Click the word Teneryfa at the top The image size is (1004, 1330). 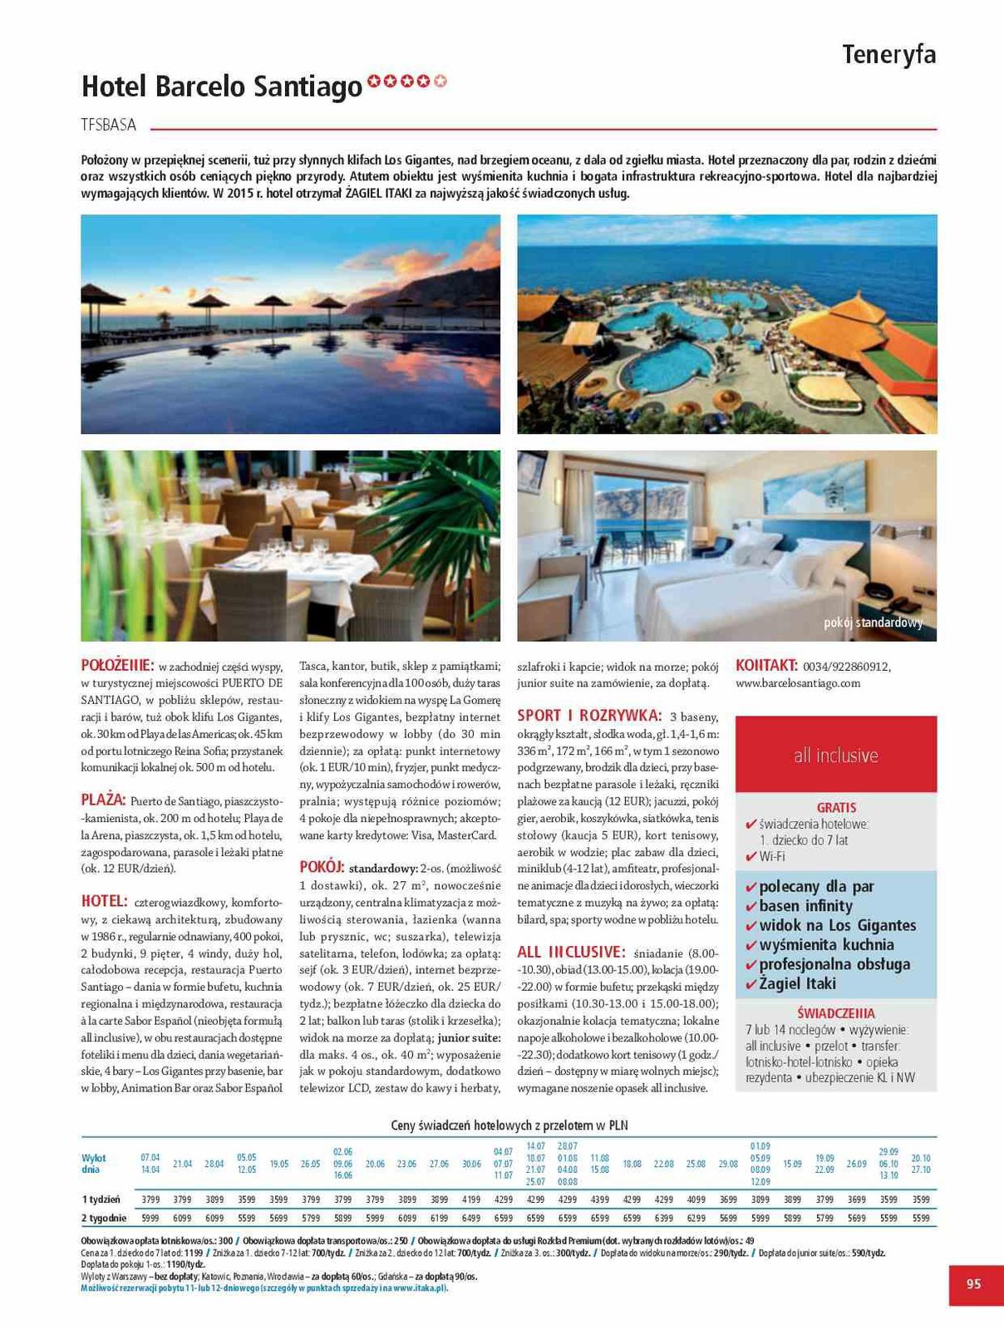pyautogui.click(x=888, y=55)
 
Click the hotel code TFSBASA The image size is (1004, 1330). pyautogui.click(x=109, y=126)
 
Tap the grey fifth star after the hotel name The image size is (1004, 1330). pyautogui.click(x=440, y=81)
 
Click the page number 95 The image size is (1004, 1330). pyautogui.click(x=973, y=1283)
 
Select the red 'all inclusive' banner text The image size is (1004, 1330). pyautogui.click(x=835, y=756)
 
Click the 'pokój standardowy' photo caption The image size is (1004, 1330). pyautogui.click(x=873, y=623)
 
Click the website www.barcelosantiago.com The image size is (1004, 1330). pyautogui.click(x=798, y=683)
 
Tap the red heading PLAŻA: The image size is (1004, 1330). pyautogui.click(x=103, y=800)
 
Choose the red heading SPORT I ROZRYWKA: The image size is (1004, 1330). pyautogui.click(x=589, y=716)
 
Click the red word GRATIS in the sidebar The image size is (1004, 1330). pyautogui.click(x=836, y=807)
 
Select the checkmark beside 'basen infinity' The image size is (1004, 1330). pyautogui.click(x=751, y=907)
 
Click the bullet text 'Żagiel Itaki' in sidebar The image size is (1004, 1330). pyautogui.click(x=797, y=983)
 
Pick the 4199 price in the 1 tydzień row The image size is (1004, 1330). pyautogui.click(x=471, y=1199)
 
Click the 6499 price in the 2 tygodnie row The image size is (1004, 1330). pyautogui.click(x=471, y=1218)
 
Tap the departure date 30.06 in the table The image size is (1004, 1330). pyautogui.click(x=471, y=1164)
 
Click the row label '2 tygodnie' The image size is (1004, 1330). pyautogui.click(x=104, y=1218)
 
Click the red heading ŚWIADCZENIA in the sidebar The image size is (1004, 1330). pyautogui.click(x=835, y=1013)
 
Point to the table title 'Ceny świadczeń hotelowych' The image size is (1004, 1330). pyautogui.click(x=509, y=1126)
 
